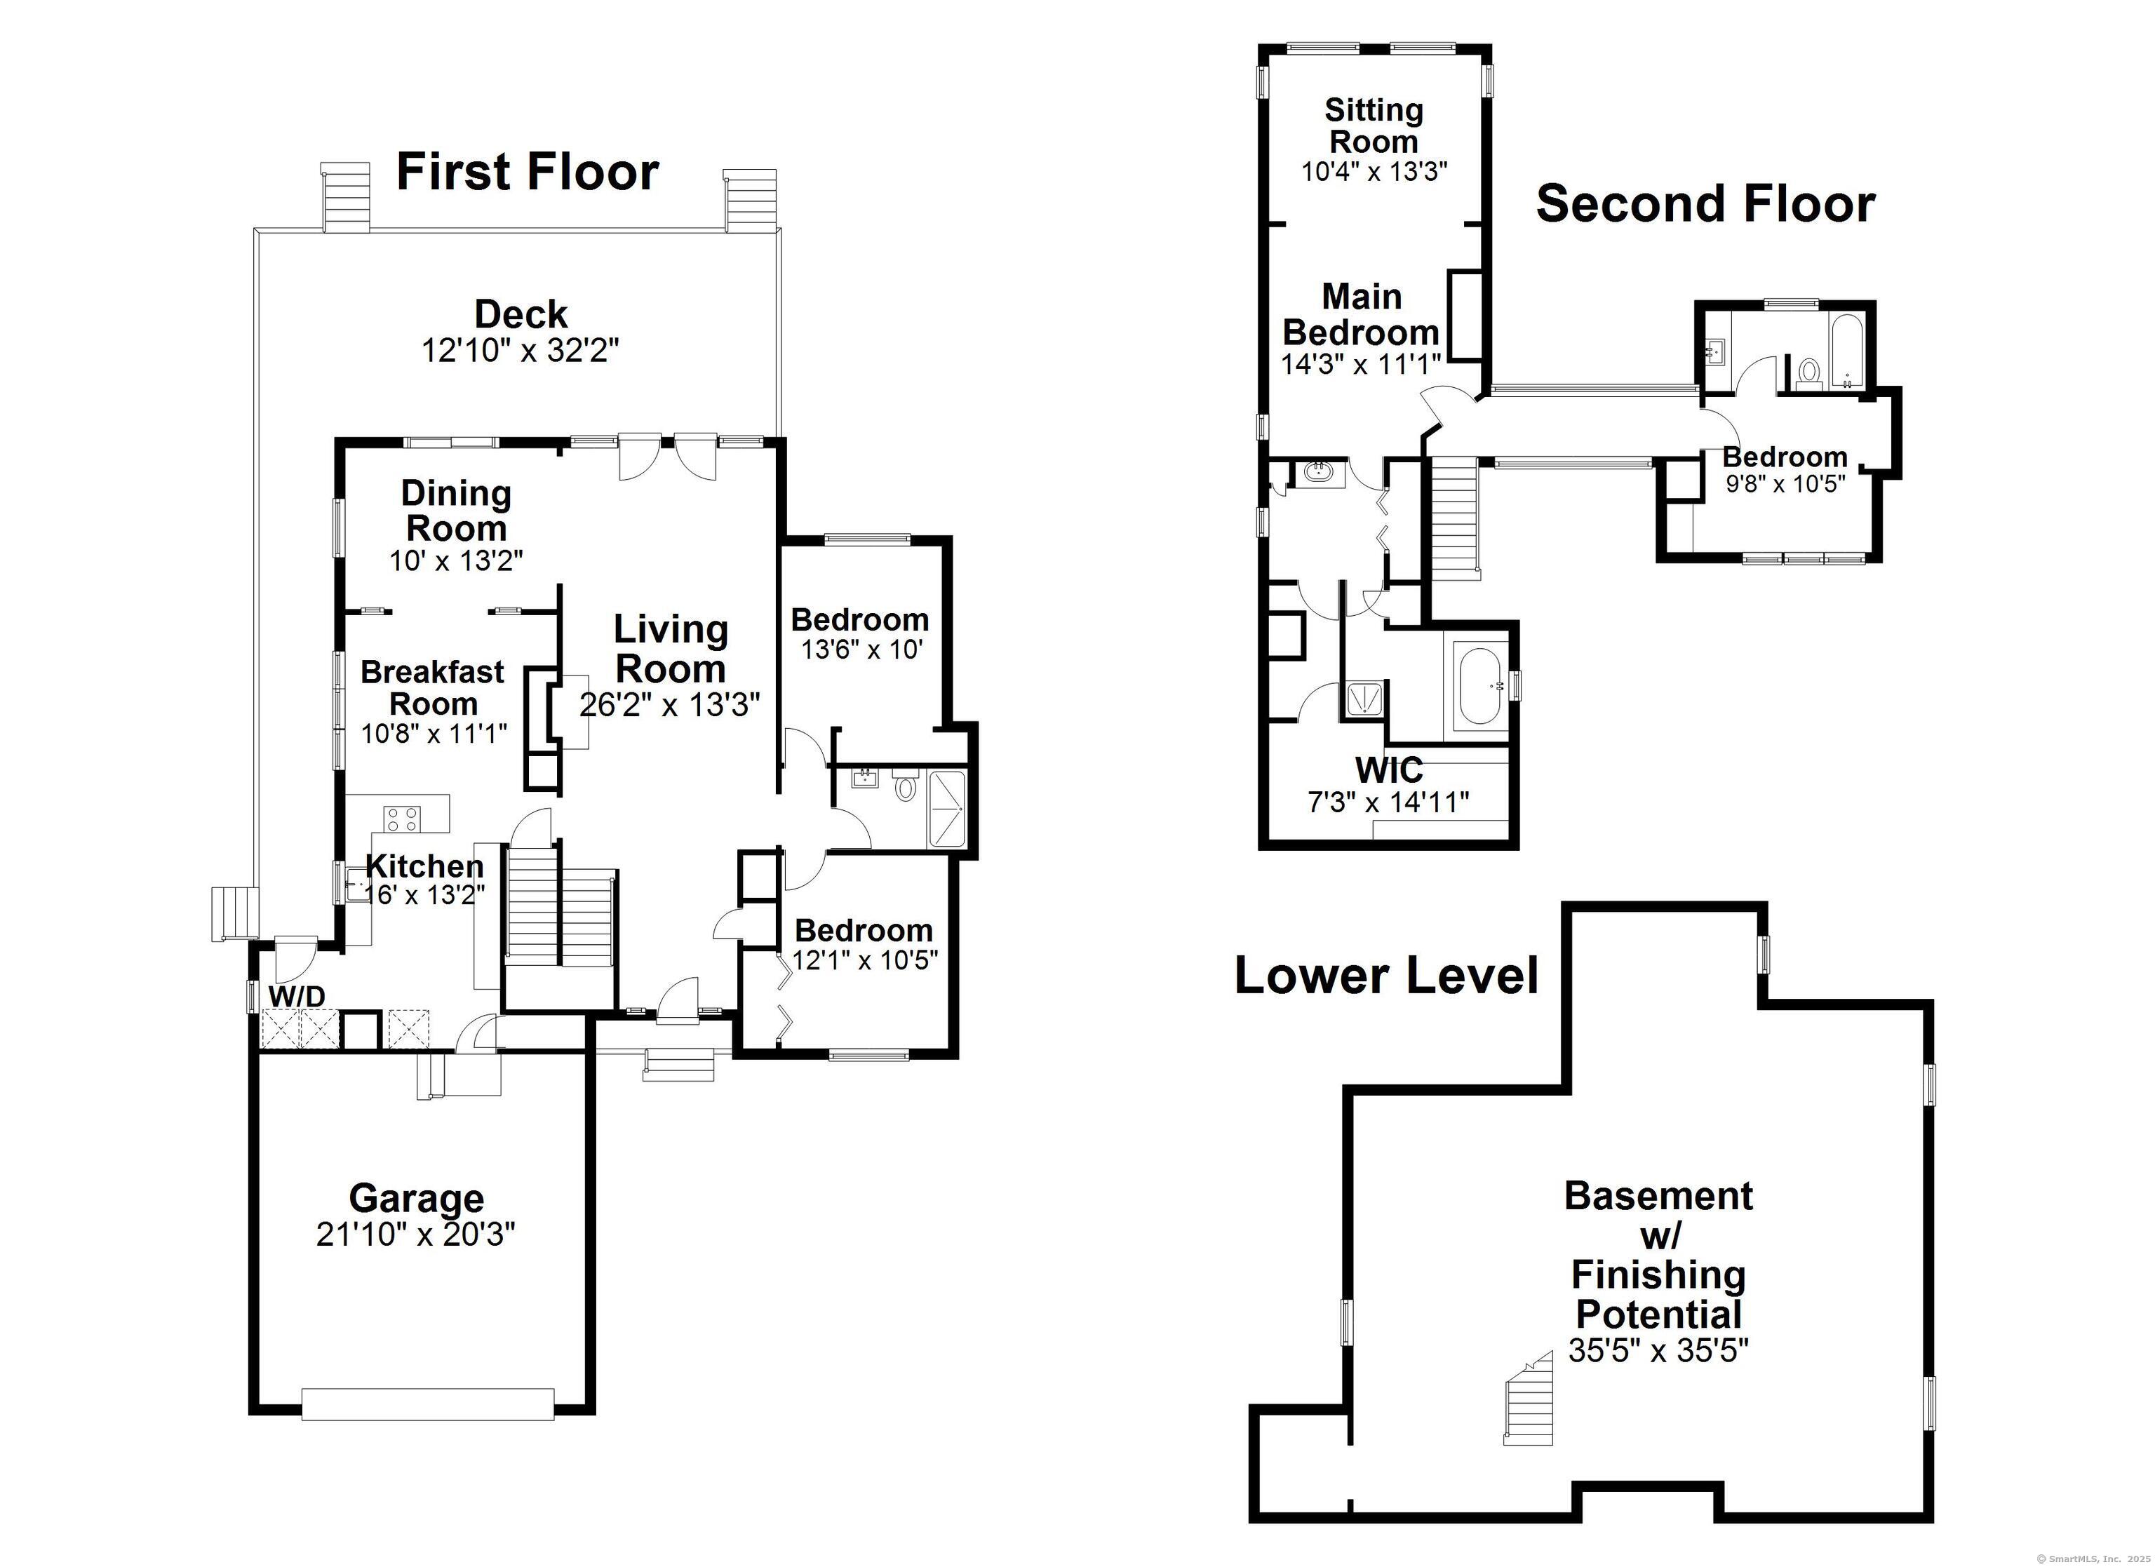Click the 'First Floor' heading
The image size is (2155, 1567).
pos(528,172)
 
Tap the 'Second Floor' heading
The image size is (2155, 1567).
pos(1705,204)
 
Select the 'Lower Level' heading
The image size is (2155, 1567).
pos(1386,975)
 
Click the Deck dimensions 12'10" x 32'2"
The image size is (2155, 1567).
pos(521,351)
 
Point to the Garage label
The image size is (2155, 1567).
pos(416,1198)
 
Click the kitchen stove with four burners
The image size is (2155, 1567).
pos(401,819)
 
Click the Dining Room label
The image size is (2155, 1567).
pos(456,511)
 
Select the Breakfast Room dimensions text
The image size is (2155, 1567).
pos(434,734)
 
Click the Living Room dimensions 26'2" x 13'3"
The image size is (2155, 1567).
pos(670,704)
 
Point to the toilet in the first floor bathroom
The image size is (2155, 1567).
pos(906,785)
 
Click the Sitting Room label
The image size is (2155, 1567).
pos(1374,126)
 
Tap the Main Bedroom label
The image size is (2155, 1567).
pos(1362,314)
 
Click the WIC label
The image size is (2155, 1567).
pos(1388,768)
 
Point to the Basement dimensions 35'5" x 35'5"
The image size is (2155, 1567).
pos(1658,1350)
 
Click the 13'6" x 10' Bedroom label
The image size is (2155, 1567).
pos(860,619)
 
